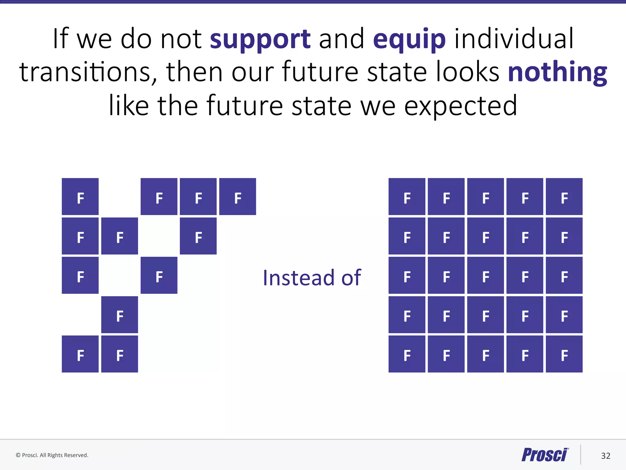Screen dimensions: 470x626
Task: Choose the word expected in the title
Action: pos(461,106)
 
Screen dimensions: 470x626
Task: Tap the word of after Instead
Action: pos(351,278)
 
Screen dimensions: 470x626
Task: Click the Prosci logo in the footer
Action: pos(545,455)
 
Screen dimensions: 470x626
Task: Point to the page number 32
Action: pos(606,456)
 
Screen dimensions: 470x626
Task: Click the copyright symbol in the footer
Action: pos(18,455)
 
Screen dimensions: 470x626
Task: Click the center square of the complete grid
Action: pos(485,275)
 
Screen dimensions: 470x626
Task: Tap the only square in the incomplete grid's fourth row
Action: pos(120,315)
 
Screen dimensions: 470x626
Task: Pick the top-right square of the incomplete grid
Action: pos(238,196)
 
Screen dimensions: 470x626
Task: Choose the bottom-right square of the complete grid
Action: pos(564,354)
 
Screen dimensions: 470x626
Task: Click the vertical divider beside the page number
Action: pos(580,455)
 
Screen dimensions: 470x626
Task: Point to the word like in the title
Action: pos(129,106)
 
